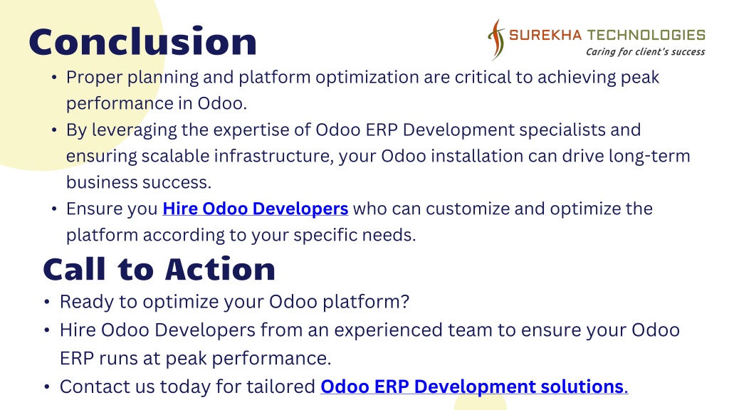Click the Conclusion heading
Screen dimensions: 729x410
click(x=142, y=41)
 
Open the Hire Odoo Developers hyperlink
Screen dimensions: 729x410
click(x=256, y=209)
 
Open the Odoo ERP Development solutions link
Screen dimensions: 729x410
click(x=474, y=387)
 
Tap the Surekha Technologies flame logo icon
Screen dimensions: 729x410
click(x=496, y=40)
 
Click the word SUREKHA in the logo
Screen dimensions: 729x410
click(x=545, y=35)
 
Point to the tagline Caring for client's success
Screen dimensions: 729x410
click(x=645, y=51)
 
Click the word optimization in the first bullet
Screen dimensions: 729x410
click(x=367, y=78)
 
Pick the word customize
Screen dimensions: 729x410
click(x=467, y=209)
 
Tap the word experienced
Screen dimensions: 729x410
click(x=389, y=331)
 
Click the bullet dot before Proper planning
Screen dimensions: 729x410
click(x=54, y=77)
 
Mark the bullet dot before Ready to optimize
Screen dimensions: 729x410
click(x=47, y=302)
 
